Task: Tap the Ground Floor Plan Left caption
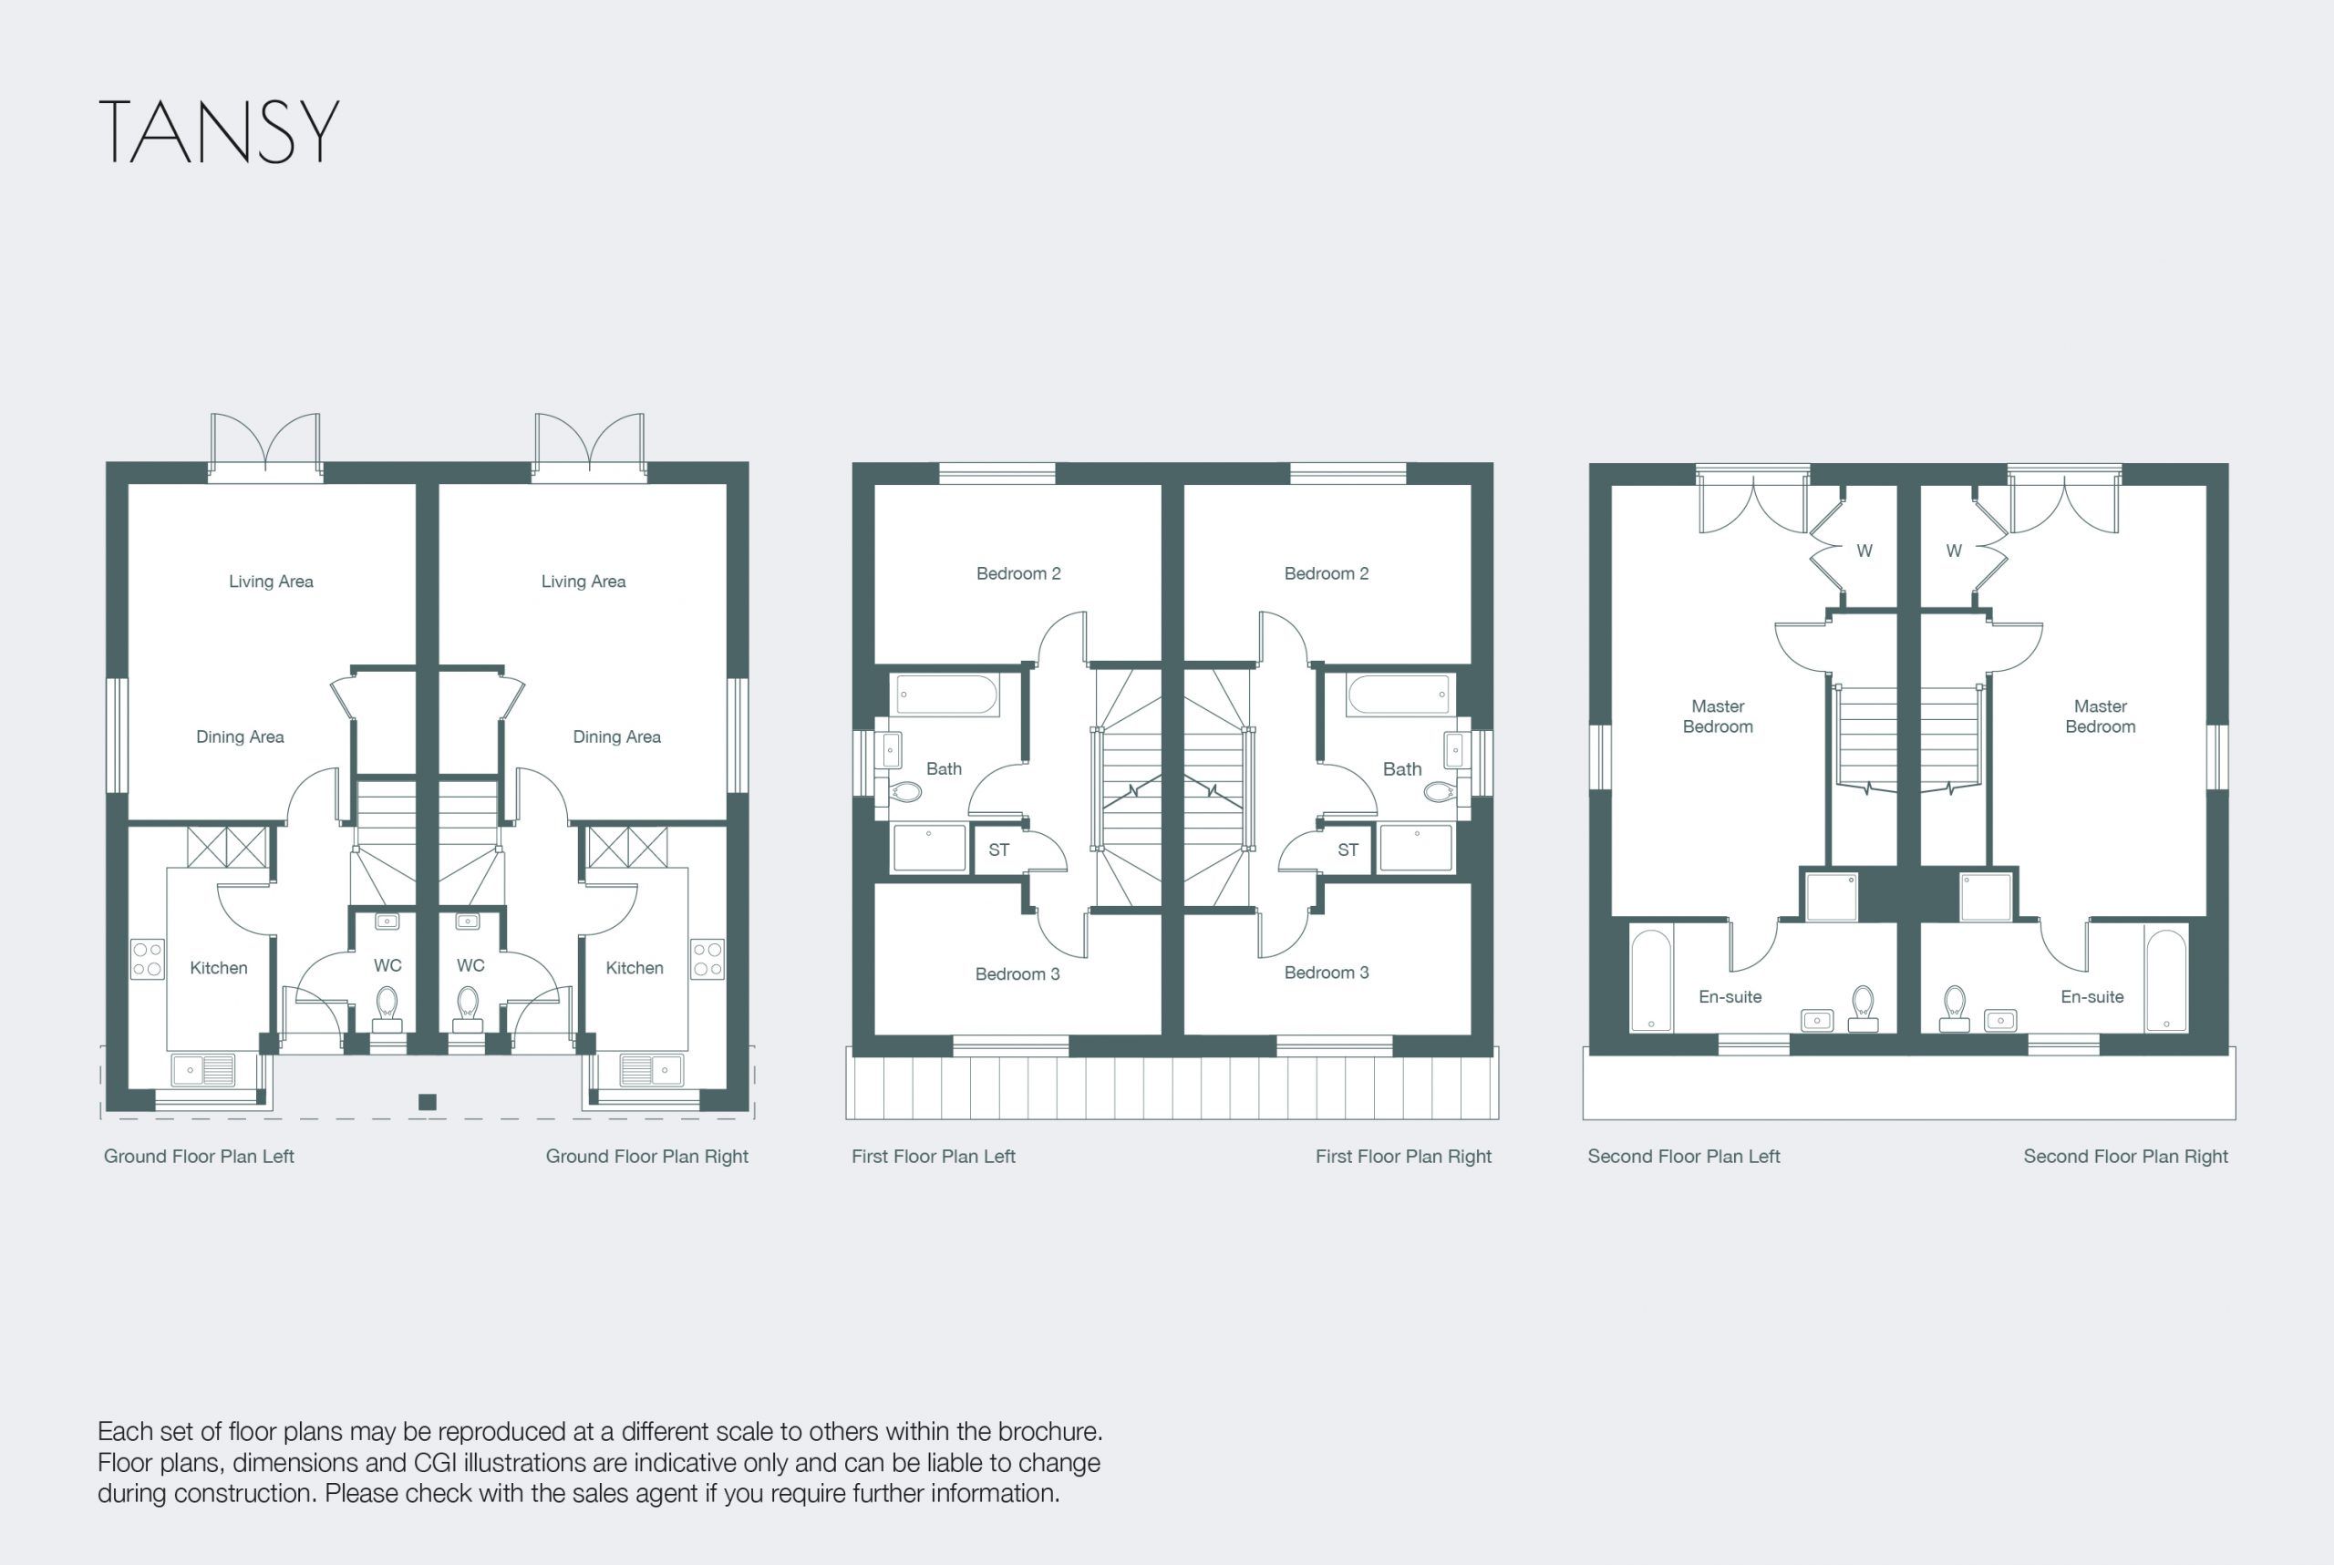tap(199, 1156)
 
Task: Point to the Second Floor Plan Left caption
tap(1683, 1156)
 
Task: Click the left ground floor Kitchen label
tap(219, 967)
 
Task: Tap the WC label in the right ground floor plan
tap(470, 965)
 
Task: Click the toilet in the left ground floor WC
tap(387, 1009)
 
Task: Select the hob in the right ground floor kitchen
tap(707, 959)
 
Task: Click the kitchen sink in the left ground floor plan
tap(203, 1070)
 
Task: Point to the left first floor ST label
tap(998, 850)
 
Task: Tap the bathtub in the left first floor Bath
tap(946, 695)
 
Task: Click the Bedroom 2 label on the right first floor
tap(1326, 573)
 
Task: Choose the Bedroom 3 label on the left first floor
tap(1017, 973)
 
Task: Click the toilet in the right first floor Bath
tap(1440, 792)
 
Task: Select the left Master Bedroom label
tap(1717, 716)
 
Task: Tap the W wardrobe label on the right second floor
tap(1954, 550)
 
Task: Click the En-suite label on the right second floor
tap(2091, 996)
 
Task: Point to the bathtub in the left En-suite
tap(1651, 980)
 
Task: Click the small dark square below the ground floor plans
tap(428, 1102)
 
